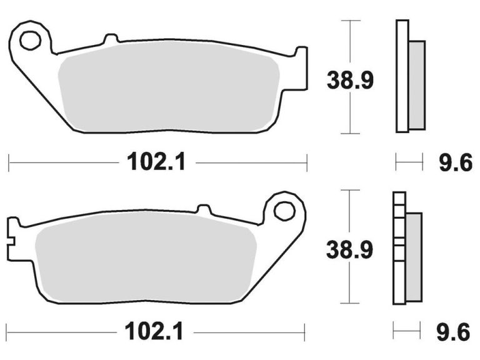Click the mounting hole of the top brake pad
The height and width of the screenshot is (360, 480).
(x=29, y=41)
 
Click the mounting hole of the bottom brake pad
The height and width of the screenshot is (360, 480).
(x=284, y=211)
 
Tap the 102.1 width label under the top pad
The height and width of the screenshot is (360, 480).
(x=157, y=163)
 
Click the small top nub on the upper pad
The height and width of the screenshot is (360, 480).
(x=111, y=39)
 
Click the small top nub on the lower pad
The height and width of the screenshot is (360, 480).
(x=204, y=209)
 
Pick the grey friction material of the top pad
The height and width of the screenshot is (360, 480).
(x=169, y=91)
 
